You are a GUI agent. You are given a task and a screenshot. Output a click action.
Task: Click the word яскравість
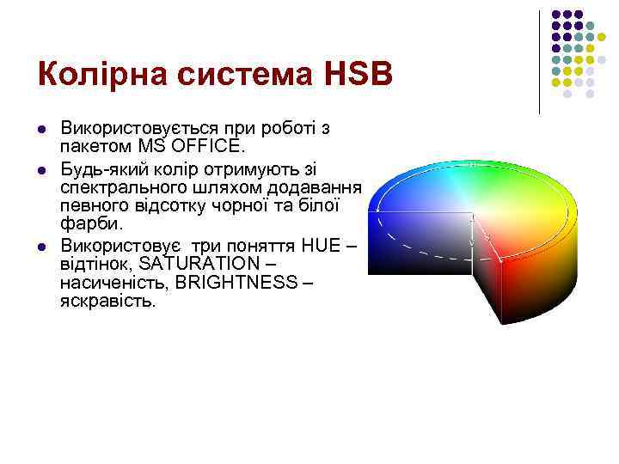[108, 301]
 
